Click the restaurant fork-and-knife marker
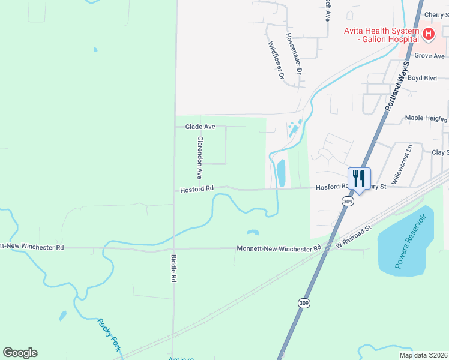pos(359,179)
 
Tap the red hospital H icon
pos(428,34)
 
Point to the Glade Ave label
pos(200,127)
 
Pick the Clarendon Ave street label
pos(200,157)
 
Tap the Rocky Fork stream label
pos(109,334)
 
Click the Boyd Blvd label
pos(422,78)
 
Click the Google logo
pos(20,353)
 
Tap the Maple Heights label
pos(426,118)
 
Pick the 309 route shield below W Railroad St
pos(305,304)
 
